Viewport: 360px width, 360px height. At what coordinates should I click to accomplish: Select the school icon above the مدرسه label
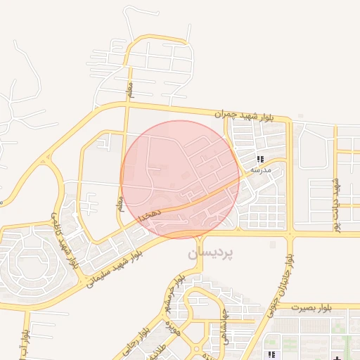pos(261,160)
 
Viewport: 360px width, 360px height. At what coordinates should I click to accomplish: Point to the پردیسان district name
pos(210,252)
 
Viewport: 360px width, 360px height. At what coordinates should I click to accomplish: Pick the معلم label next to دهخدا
pos(120,203)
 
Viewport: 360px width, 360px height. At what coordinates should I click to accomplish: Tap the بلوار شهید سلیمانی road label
pos(112,269)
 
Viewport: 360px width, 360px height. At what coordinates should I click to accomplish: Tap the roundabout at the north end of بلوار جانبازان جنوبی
pos(289,233)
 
